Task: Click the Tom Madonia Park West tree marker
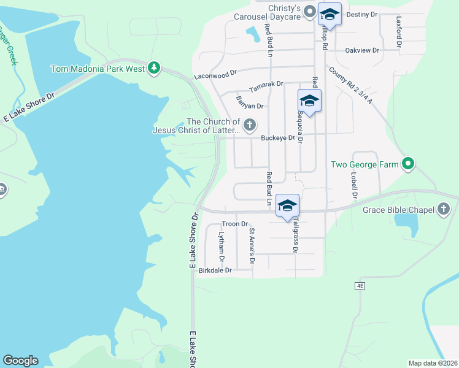coord(155,68)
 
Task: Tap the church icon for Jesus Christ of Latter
coord(249,126)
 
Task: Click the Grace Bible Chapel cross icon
coord(444,210)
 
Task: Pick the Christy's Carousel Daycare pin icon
coord(310,12)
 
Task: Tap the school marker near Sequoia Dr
coord(309,101)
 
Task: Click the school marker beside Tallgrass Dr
coord(287,206)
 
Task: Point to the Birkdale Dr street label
coord(215,270)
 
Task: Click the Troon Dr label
coord(234,224)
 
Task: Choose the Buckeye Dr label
coord(277,138)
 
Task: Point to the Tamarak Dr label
coord(266,83)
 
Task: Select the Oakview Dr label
coord(362,50)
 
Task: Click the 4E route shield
coord(360,286)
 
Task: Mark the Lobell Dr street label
coord(354,185)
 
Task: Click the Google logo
coord(20,361)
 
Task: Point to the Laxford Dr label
coord(399,31)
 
